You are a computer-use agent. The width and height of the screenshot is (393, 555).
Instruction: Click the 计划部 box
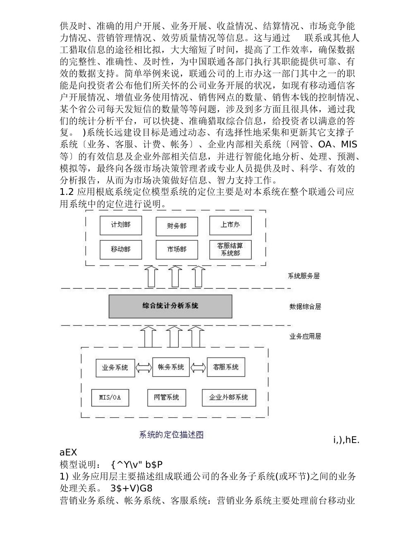(121, 225)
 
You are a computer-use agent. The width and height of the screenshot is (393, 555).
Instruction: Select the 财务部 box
(177, 226)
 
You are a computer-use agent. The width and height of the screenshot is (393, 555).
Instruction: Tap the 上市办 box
(230, 225)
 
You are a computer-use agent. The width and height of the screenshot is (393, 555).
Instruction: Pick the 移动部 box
(121, 250)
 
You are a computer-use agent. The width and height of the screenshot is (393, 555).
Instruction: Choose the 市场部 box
(177, 250)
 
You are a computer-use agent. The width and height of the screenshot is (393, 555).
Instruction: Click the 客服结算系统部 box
(230, 249)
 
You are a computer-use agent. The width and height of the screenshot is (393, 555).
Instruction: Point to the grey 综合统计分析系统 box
(170, 306)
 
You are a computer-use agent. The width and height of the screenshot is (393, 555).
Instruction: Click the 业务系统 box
(115, 367)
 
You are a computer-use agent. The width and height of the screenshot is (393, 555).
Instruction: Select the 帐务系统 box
(171, 367)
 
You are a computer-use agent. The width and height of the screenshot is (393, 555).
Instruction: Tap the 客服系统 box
(225, 367)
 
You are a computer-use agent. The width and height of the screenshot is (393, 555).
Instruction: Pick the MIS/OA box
(110, 398)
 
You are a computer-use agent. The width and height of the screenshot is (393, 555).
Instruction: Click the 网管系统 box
(166, 398)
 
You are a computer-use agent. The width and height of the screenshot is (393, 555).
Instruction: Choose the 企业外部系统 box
(229, 398)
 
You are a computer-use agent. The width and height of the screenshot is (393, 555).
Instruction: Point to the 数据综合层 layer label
(305, 307)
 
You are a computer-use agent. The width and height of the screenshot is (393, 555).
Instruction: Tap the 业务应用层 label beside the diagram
(305, 337)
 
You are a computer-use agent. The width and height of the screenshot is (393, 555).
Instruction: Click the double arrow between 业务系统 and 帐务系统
(144, 368)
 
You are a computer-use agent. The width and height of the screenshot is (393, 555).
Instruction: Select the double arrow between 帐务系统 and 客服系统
(198, 367)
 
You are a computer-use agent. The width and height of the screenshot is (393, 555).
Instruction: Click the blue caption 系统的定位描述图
(171, 435)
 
